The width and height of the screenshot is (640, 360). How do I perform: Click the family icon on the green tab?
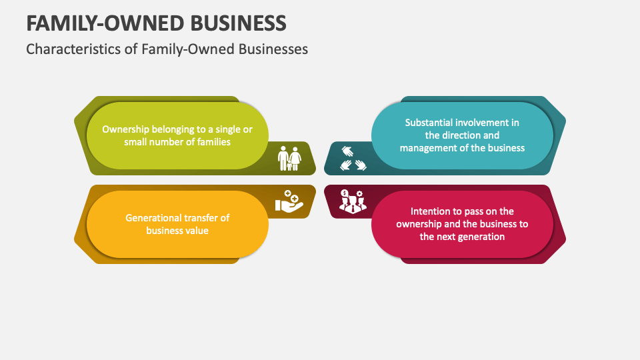(x=289, y=159)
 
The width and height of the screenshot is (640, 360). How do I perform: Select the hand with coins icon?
(x=289, y=201)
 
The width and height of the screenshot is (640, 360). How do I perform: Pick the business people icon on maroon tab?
(x=351, y=201)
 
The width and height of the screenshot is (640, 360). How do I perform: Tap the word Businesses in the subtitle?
(x=274, y=49)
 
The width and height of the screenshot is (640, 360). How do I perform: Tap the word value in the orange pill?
(x=197, y=231)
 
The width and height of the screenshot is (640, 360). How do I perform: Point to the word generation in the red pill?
(x=479, y=237)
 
